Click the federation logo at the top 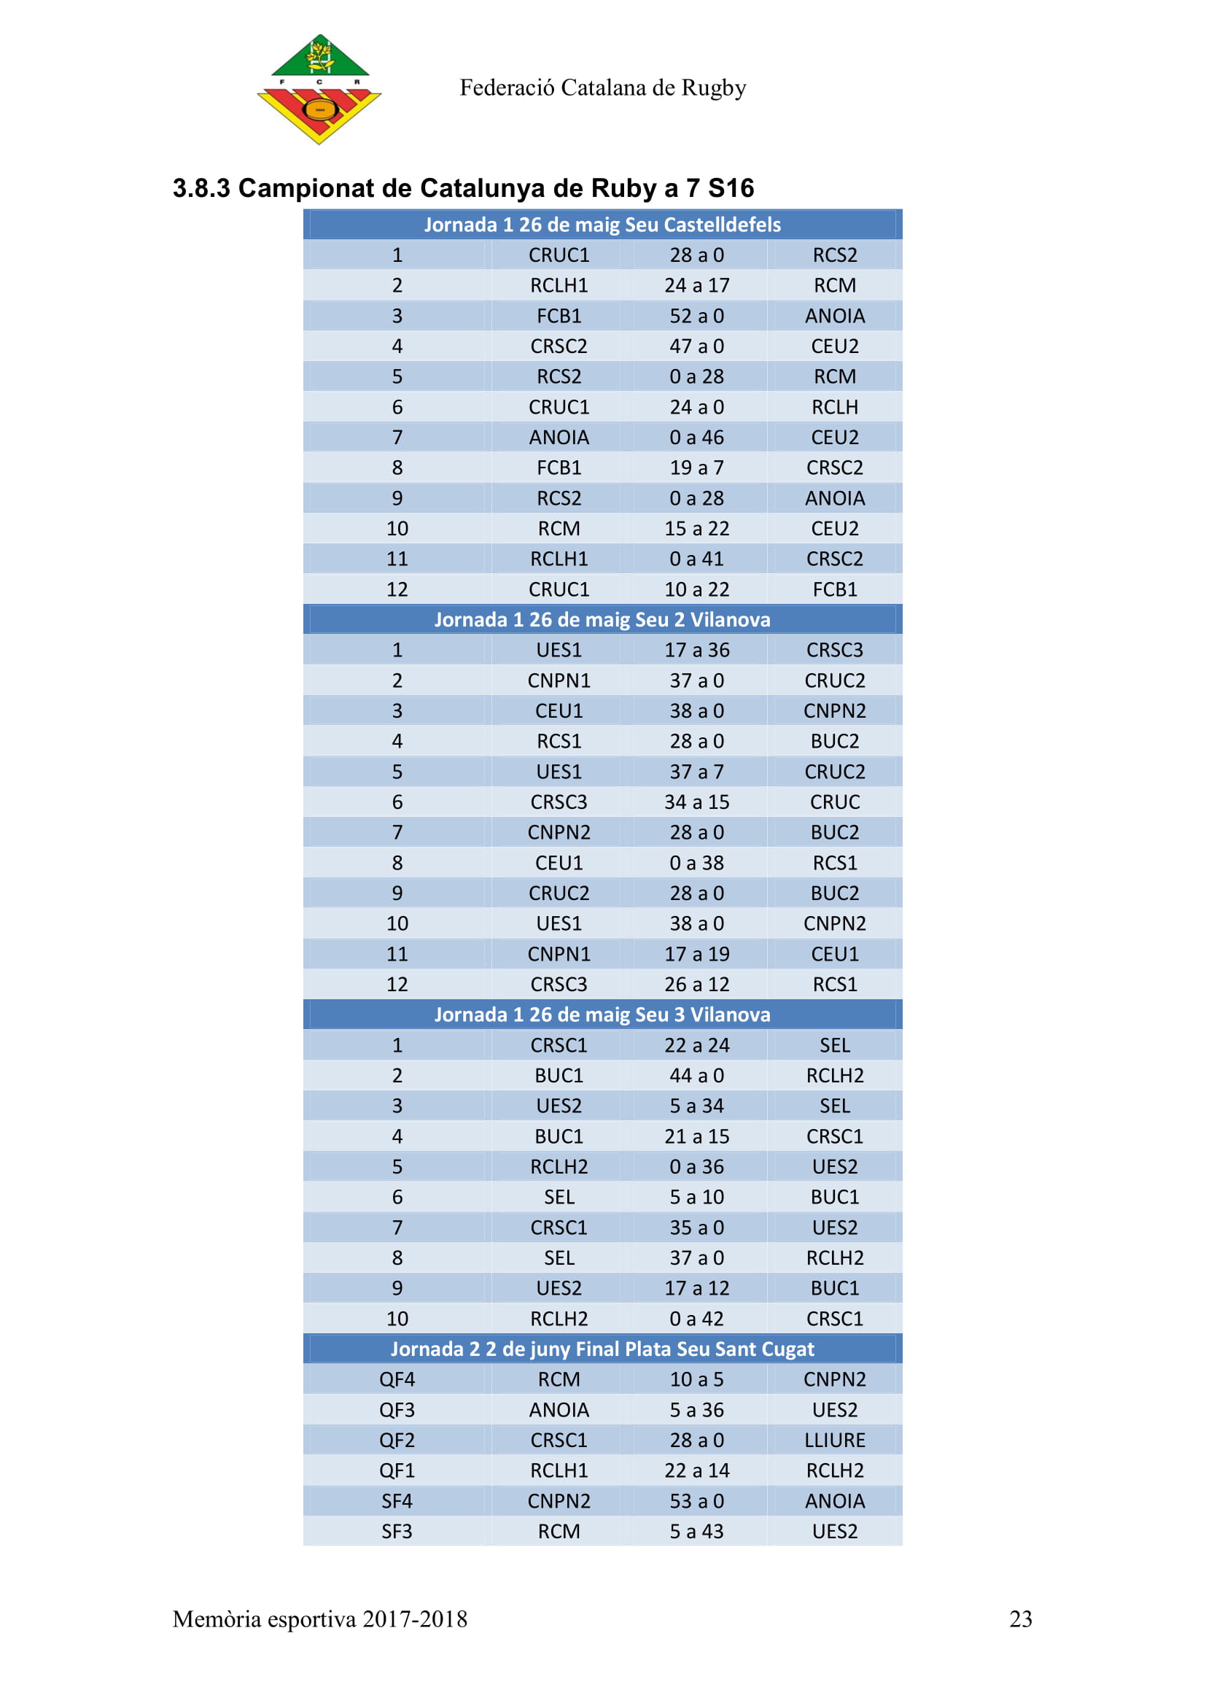[319, 89]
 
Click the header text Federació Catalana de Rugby [602, 88]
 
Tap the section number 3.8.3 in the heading [201, 189]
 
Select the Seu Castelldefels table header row [602, 225]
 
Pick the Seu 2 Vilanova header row [602, 620]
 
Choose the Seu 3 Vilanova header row [602, 1015]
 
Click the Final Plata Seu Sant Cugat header [602, 1349]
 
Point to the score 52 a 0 [696, 316]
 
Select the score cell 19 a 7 [696, 468]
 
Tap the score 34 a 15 [696, 802]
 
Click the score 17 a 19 [696, 953]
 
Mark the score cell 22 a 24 [696, 1044]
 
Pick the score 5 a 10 [696, 1197]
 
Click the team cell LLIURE [835, 1440]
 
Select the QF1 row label [397, 1470]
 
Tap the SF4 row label [397, 1501]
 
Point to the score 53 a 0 [696, 1501]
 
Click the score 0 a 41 [696, 559]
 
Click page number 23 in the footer [1020, 1619]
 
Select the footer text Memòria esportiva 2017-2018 [320, 1619]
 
